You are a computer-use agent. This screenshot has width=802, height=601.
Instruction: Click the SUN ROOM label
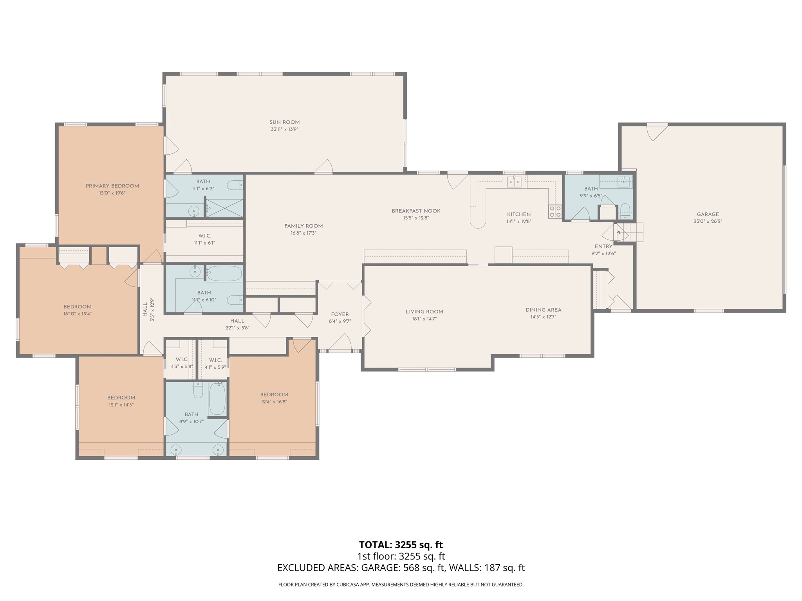(284, 122)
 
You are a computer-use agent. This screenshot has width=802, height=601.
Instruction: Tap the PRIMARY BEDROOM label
(112, 186)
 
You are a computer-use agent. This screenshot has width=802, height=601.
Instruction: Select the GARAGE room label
(708, 214)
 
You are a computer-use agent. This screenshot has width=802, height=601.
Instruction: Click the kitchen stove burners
(555, 211)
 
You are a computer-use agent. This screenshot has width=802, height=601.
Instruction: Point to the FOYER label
(340, 315)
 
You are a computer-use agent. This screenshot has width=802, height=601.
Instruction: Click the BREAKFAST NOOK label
(416, 211)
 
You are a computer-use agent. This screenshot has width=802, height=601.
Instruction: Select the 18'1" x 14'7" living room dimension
(424, 319)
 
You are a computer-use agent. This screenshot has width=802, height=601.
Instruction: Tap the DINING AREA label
(543, 310)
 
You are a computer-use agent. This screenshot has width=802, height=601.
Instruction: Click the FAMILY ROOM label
(303, 226)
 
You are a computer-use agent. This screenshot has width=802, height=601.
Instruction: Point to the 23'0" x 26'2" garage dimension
(708, 221)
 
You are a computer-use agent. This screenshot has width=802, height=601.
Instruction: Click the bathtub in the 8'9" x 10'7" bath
(217, 399)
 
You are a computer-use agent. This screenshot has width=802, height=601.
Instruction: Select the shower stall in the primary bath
(225, 208)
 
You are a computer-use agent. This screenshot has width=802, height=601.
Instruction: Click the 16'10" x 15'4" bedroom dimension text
(78, 314)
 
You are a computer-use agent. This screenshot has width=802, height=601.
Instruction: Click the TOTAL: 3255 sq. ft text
(401, 545)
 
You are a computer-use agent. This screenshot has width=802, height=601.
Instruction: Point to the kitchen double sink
(514, 181)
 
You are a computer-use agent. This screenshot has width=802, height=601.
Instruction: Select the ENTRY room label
(603, 247)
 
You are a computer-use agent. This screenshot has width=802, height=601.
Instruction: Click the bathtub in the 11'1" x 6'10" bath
(224, 273)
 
